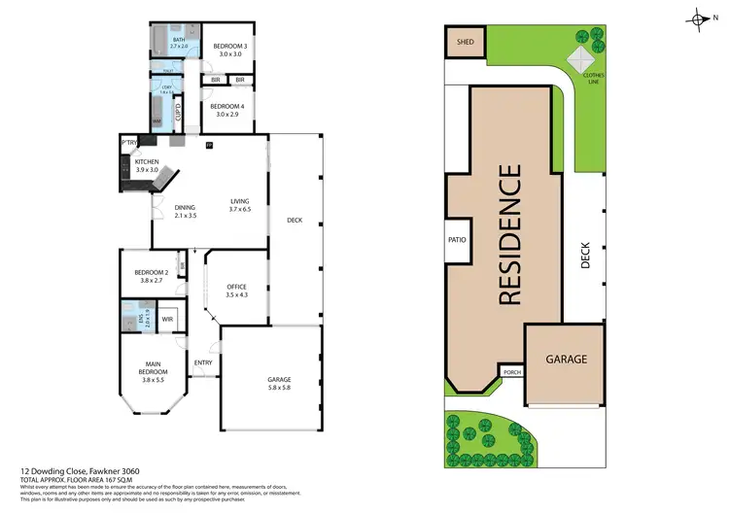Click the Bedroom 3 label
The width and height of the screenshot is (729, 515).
click(x=232, y=51)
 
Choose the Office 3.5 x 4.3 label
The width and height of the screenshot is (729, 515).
click(x=236, y=291)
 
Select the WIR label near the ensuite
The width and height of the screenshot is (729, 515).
click(x=167, y=318)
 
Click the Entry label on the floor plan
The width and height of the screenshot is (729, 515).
click(x=203, y=363)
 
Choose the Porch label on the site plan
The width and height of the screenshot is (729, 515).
click(x=510, y=371)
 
